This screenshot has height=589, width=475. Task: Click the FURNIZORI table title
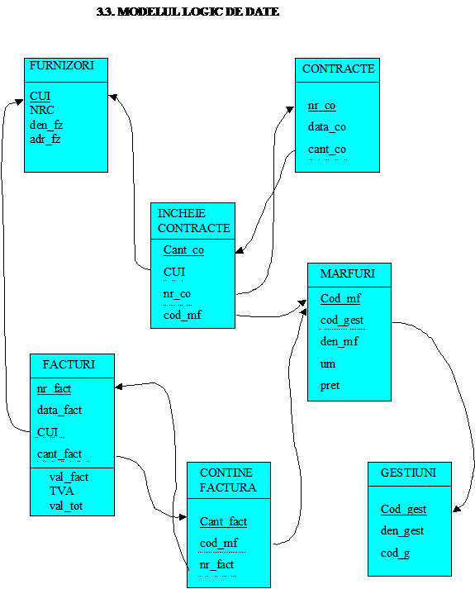coord(62,66)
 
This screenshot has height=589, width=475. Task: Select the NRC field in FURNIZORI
coord(42,110)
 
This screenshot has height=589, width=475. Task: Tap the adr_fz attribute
coord(45,140)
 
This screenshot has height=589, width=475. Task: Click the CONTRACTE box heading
coord(339,69)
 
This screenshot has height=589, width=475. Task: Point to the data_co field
coord(326,127)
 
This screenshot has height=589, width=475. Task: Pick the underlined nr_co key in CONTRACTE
coord(321,106)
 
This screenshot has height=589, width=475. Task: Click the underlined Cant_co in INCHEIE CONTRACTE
coord(183,249)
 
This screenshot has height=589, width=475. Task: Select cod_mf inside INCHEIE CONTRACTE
coord(183,315)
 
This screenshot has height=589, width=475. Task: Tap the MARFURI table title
coord(347,273)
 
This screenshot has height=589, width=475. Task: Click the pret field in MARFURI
coord(330,386)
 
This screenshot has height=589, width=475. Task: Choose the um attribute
coord(327,364)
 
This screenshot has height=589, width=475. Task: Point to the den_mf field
coord(339,341)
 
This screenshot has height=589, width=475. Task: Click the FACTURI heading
coord(69,364)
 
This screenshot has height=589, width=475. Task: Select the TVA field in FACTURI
coord(62,491)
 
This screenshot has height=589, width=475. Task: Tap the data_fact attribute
coord(59,411)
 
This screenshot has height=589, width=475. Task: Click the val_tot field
coord(66,506)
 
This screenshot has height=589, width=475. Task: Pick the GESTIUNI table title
coord(409,473)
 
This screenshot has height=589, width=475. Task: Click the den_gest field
coord(402,531)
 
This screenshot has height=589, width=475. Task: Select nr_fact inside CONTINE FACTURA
coord(216,564)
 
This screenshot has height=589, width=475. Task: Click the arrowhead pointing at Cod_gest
coord(457,509)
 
